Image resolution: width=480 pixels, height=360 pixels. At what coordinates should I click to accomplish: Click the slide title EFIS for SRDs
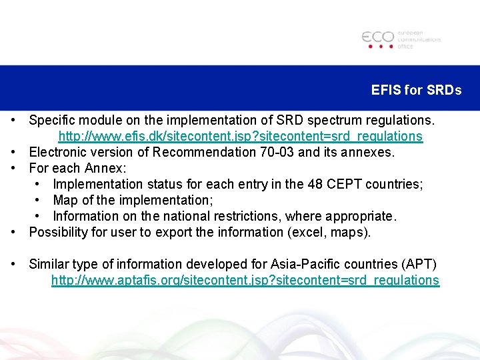416,90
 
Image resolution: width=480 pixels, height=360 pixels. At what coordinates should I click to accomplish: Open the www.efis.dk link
240,137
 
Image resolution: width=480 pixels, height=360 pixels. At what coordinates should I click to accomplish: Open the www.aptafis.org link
245,281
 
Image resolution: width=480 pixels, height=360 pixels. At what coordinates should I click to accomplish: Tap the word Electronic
57,153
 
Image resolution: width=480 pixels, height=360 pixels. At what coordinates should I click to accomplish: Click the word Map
65,200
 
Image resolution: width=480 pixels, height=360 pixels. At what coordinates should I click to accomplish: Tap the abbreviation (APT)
418,264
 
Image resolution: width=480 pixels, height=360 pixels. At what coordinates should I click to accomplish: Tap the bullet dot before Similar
14,264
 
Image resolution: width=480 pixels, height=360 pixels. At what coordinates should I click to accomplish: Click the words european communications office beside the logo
419,39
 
